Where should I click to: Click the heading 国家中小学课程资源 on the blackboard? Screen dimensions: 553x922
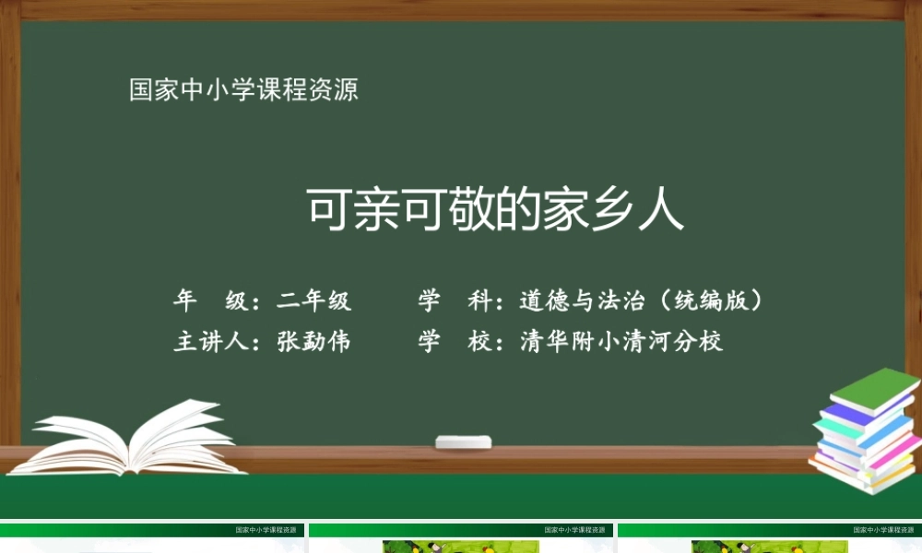(243, 90)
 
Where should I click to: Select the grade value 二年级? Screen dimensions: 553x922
(314, 300)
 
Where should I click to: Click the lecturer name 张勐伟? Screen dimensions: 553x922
(314, 342)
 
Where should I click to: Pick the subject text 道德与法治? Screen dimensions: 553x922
(577, 300)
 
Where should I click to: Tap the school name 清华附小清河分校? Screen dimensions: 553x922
(621, 342)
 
